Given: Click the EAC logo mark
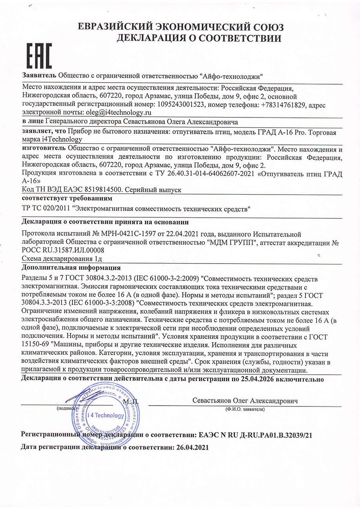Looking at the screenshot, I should pyautogui.click(x=40, y=56).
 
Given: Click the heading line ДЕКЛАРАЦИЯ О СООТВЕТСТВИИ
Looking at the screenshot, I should pyautogui.click(x=199, y=38).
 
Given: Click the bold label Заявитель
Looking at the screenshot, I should pyautogui.click(x=39, y=75).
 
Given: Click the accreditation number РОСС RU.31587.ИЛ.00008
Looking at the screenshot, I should pyautogui.click(x=63, y=250).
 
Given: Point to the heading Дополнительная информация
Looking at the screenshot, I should pyautogui.click(x=71, y=268).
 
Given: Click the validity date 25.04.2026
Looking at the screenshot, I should pyautogui.click(x=256, y=379).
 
